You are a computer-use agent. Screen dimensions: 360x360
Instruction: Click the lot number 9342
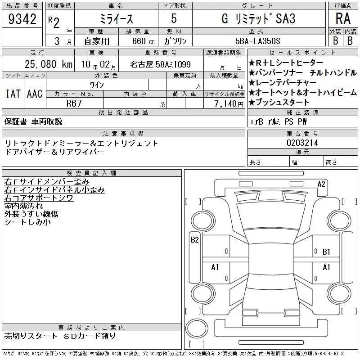(22, 19)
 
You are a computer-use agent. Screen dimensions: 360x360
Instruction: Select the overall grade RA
(343, 18)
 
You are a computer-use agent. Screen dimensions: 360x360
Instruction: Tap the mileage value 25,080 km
(49, 64)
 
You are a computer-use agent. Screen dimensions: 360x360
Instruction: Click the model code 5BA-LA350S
(258, 41)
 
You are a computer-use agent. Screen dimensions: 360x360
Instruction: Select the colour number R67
(74, 103)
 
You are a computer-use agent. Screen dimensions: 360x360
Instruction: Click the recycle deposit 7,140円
(229, 104)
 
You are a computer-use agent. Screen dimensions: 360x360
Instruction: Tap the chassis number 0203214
(302, 143)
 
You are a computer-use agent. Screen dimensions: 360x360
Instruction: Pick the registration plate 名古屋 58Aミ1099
(160, 64)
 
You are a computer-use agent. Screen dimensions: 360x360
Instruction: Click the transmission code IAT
(13, 94)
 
